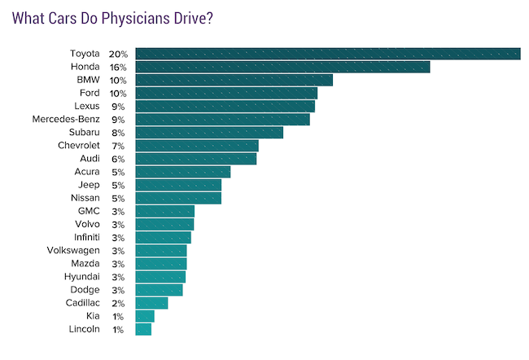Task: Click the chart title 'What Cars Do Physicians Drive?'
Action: tap(112, 18)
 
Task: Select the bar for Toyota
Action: tap(328, 54)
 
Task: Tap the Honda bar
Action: tap(282, 67)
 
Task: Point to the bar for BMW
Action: tap(234, 80)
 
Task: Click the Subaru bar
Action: tap(209, 133)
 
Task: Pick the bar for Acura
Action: tap(183, 172)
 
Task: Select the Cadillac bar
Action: tap(151, 303)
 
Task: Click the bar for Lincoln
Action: tap(143, 329)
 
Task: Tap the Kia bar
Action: tap(145, 316)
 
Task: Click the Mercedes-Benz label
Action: tap(66, 119)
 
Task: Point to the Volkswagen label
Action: tap(73, 251)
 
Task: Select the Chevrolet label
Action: tap(79, 146)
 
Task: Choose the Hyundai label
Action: tap(82, 277)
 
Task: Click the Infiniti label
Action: tap(87, 237)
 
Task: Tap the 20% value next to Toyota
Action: tap(118, 54)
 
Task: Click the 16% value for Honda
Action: tap(118, 68)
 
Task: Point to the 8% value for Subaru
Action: tap(118, 133)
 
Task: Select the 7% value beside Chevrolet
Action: tap(118, 147)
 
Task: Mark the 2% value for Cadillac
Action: tap(118, 304)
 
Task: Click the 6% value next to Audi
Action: tap(118, 159)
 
